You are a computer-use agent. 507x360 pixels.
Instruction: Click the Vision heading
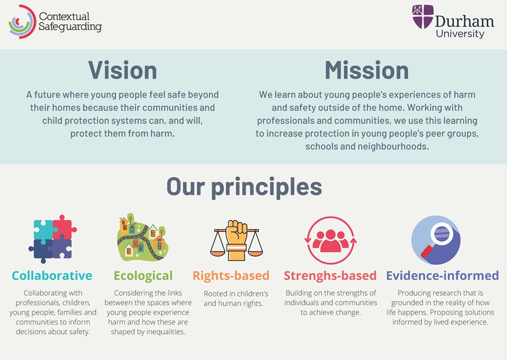[x=122, y=70]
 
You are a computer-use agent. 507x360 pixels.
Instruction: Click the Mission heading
[x=367, y=70]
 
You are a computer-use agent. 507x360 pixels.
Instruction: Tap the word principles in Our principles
[x=267, y=188]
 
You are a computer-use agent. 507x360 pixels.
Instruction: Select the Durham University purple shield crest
[x=423, y=16]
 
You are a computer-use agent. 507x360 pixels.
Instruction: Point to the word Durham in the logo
[x=464, y=21]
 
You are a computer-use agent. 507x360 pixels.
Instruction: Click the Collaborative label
[x=52, y=276]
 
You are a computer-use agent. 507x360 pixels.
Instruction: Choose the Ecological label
[x=143, y=277]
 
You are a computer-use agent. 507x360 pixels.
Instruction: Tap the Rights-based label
[x=231, y=276]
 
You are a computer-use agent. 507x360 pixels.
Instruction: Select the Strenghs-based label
[x=330, y=276]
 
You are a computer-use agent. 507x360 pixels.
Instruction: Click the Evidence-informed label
[x=442, y=276]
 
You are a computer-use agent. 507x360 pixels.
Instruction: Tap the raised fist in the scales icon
[x=237, y=233]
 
